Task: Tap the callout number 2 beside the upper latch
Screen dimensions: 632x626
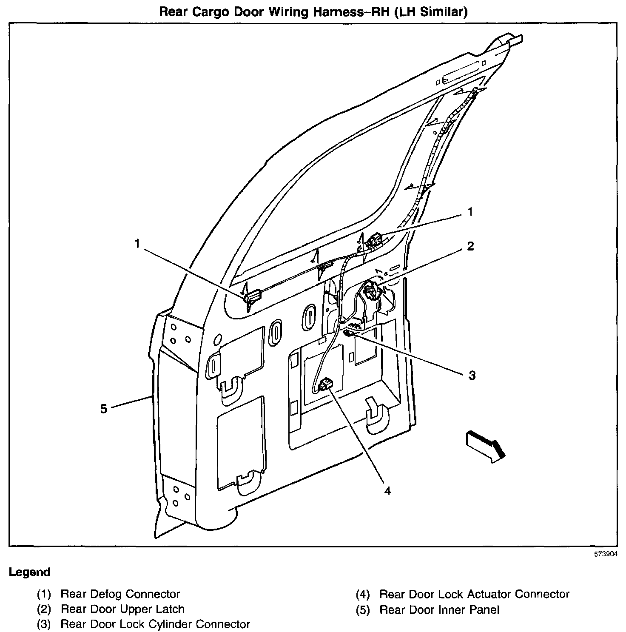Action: coord(470,246)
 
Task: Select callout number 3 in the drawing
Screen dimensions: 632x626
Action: coord(472,375)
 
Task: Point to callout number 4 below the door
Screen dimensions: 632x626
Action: coord(387,490)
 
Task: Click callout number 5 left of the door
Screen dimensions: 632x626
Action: coord(104,409)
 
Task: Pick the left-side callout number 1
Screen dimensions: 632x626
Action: coord(137,244)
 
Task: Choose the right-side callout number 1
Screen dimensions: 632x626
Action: coord(470,212)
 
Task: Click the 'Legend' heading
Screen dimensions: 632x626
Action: coord(29,572)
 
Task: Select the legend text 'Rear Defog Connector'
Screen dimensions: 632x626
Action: coord(120,594)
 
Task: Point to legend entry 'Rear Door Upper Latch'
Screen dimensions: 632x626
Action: coord(122,609)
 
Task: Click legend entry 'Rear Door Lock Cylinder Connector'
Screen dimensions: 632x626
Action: coord(155,624)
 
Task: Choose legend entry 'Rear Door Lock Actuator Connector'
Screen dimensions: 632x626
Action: coord(474,594)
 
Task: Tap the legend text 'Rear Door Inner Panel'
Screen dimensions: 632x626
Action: coord(439,609)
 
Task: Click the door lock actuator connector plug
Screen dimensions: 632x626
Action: coord(327,384)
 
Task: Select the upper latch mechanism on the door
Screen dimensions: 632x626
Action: coord(371,291)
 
